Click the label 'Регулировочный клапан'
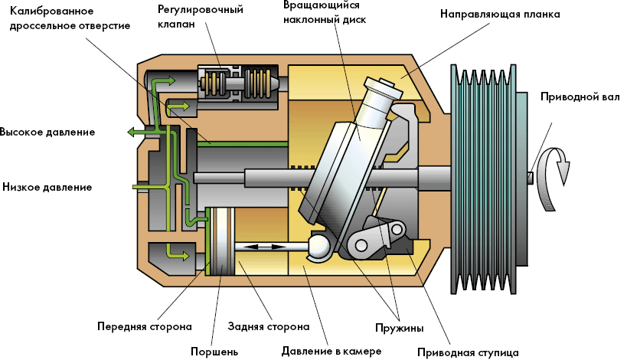pyautogui.click(x=201, y=16)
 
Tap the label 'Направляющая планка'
pyautogui.click(x=500, y=14)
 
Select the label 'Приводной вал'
pyautogui.click(x=580, y=97)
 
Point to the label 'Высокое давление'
pyautogui.click(x=47, y=133)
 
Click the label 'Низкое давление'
pyautogui.click(x=47, y=187)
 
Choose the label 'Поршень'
pyautogui.click(x=214, y=352)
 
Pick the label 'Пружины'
pyautogui.click(x=399, y=328)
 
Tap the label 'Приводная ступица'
pyautogui.click(x=468, y=352)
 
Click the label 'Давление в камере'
pyautogui.click(x=331, y=352)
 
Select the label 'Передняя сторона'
pyautogui.click(x=145, y=326)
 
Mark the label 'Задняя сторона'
pyautogui.click(x=268, y=326)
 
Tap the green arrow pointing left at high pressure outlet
pyautogui.click(x=140, y=132)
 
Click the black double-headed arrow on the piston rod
pyautogui.click(x=264, y=247)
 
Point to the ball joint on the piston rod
pyautogui.click(x=318, y=246)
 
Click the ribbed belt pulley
pyautogui.click(x=484, y=178)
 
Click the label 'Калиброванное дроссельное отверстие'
pyautogui.click(x=70, y=18)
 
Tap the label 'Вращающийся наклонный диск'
pyautogui.click(x=325, y=12)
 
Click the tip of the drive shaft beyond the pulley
pyautogui.click(x=531, y=178)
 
